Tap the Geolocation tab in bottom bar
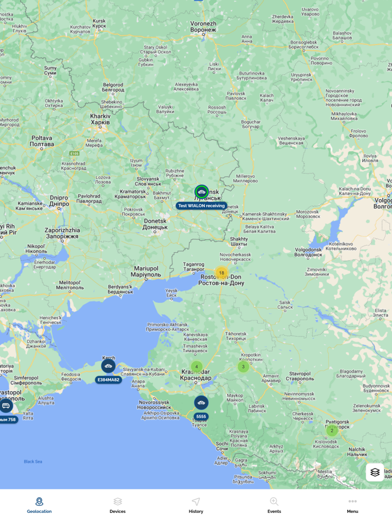coord(39,505)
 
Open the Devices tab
coord(118,505)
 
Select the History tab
coord(196,505)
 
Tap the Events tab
coord(274,505)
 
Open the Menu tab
coord(352,505)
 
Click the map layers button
coord(375,472)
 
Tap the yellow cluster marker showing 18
coord(221,273)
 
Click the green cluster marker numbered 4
coord(197,367)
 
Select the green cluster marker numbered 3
coord(243,367)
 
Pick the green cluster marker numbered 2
coord(332,431)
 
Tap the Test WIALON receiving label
coord(202,206)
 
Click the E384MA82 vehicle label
coord(109,380)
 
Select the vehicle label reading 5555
coord(201,417)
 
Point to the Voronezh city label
coord(203,27)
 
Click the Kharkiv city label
coord(101,119)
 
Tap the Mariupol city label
coord(144,272)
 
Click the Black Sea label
coord(33,461)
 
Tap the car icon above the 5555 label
coord(201,403)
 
